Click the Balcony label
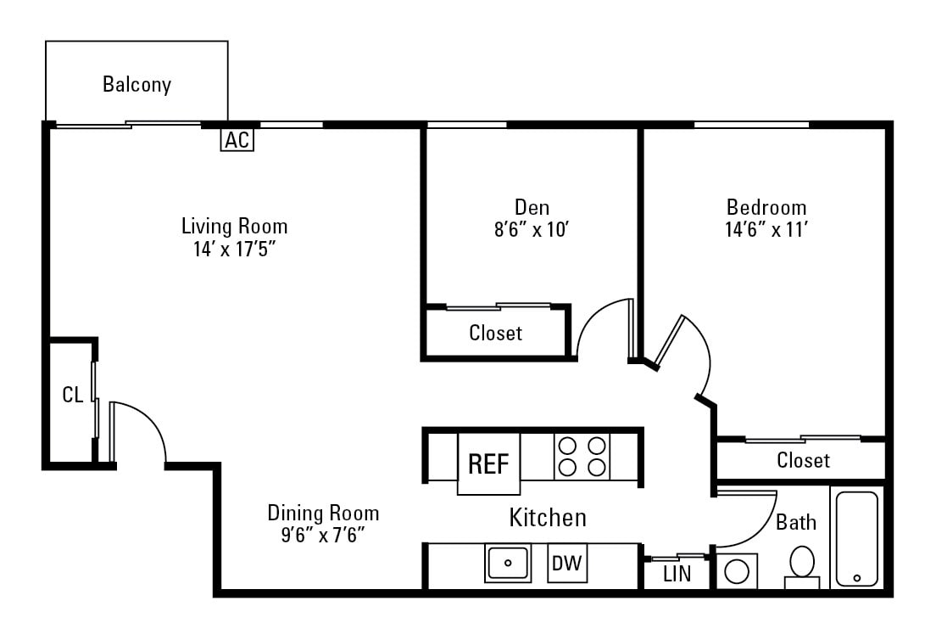136,85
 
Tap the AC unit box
237,140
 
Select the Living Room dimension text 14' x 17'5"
235,250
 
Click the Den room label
532,207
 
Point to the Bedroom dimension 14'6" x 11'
766,230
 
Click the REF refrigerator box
489,463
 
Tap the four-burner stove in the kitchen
582,457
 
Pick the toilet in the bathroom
802,565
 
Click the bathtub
856,539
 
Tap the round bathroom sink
737,570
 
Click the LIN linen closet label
677,574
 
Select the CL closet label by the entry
73,395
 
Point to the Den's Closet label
496,333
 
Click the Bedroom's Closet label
803,460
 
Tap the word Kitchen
547,517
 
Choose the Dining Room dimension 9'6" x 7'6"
323,535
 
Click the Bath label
796,522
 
